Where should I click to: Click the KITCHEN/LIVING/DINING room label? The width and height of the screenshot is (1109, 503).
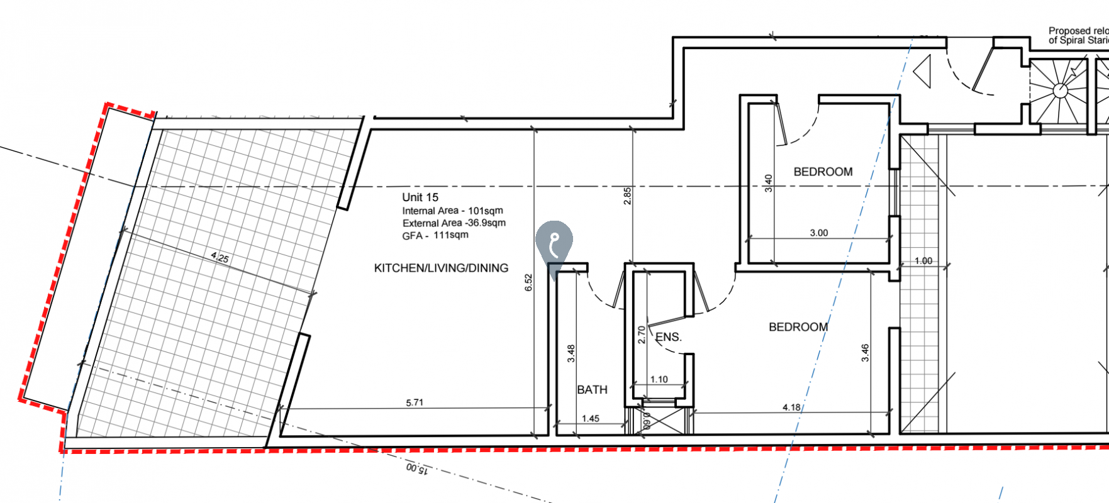tap(441, 268)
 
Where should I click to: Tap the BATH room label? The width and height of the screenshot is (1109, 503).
tap(592, 390)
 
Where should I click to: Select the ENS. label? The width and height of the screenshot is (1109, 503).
tap(668, 337)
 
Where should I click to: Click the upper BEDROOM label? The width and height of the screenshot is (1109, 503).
tap(823, 172)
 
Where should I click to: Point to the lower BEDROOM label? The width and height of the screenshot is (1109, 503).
tap(798, 327)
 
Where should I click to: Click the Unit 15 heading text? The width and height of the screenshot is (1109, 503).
tap(420, 197)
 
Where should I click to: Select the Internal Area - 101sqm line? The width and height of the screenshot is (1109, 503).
tap(452, 211)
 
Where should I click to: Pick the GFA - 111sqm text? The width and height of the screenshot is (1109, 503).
tap(435, 235)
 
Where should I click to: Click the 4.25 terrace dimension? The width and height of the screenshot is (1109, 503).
tap(220, 257)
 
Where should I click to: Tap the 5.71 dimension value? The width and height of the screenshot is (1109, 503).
tap(415, 402)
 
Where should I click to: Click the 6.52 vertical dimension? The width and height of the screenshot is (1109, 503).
tap(528, 282)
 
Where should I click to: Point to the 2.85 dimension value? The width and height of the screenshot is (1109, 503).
tap(627, 196)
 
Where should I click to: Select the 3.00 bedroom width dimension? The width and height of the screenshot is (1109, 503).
tap(818, 233)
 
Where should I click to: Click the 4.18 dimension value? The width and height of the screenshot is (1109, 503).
tap(791, 407)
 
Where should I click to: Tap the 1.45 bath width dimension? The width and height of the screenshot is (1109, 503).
tap(590, 418)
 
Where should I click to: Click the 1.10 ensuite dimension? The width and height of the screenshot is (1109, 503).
tap(659, 379)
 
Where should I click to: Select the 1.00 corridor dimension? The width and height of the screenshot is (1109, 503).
tap(923, 261)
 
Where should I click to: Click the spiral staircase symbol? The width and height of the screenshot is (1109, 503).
tap(1061, 91)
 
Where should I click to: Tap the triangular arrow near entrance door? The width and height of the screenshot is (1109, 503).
tap(923, 71)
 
